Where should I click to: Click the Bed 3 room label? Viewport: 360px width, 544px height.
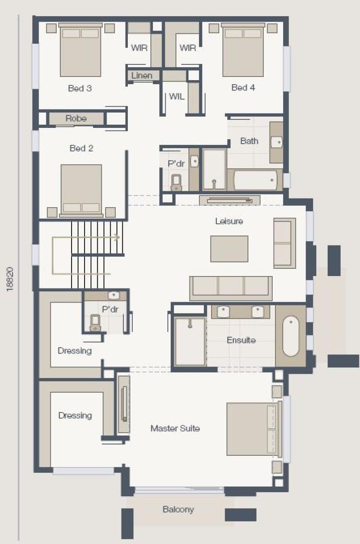[80, 88]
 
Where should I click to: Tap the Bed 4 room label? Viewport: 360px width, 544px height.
[243, 87]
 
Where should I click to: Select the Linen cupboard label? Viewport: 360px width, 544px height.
[142, 76]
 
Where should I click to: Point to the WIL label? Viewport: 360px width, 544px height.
[176, 96]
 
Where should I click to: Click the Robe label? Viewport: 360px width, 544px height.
[76, 118]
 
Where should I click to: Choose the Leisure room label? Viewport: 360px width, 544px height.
[229, 221]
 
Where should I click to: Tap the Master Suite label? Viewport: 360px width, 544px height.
[175, 428]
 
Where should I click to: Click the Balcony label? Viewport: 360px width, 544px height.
[178, 509]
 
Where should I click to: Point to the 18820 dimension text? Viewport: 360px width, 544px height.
[10, 279]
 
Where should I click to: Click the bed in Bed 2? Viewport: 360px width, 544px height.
[81, 191]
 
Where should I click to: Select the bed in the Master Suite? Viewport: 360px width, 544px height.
[254, 429]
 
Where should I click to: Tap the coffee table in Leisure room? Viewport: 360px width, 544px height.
[229, 249]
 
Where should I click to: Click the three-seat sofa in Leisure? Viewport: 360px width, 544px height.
[231, 288]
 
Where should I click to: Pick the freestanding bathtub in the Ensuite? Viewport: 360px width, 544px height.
[291, 336]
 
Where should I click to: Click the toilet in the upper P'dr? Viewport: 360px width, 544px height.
[176, 183]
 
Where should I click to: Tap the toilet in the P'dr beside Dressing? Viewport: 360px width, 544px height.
[95, 323]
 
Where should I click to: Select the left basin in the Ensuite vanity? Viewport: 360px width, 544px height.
[223, 312]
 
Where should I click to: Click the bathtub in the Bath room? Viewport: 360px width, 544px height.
[255, 180]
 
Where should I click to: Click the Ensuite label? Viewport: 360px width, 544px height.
[241, 340]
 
